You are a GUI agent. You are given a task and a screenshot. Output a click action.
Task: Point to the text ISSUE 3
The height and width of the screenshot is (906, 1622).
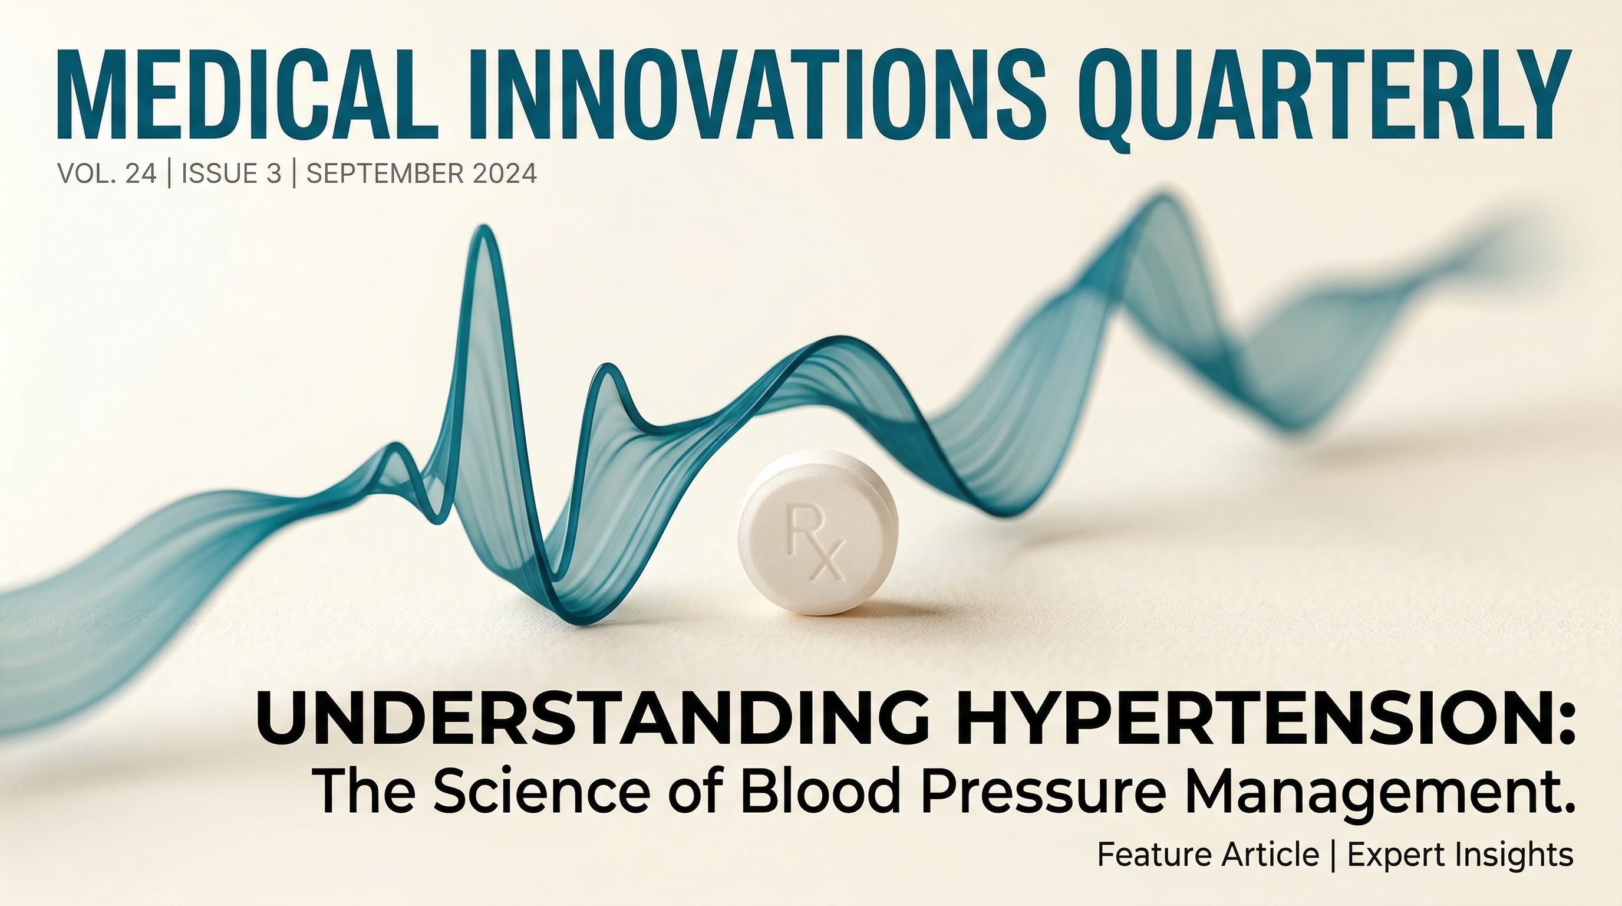click(x=231, y=173)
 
